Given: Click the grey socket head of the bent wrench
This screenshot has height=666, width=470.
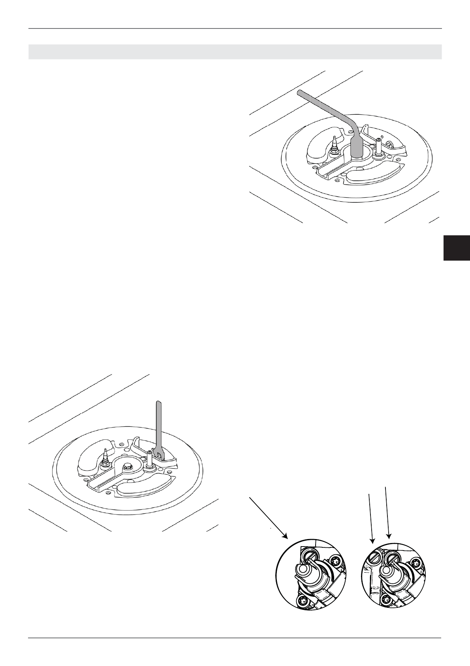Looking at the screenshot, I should coord(357,148).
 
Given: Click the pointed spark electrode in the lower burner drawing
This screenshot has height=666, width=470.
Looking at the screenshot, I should coord(106,455).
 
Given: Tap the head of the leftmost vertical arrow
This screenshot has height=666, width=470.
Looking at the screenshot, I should coord(372,539).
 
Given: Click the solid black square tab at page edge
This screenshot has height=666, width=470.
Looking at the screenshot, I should coord(457,248).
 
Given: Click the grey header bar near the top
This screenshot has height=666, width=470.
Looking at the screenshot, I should coord(235,52).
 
